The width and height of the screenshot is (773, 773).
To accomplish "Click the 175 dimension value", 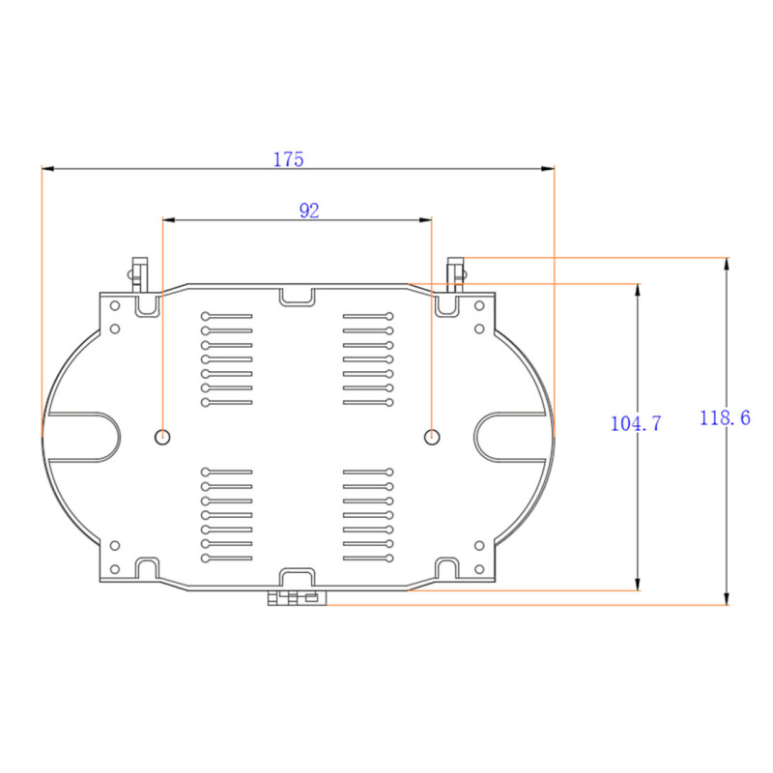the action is pos(288,159).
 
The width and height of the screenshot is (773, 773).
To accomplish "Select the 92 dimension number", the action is pos(309,211).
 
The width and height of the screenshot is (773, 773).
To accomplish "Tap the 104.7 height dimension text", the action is pos(636,423).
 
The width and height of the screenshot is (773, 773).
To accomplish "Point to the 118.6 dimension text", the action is pos(725,418).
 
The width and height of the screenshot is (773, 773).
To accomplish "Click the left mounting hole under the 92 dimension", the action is pos(162,437).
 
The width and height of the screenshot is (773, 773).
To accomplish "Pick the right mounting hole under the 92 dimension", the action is pos(432,437).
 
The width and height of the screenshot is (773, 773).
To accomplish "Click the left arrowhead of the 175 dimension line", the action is pos(48,168).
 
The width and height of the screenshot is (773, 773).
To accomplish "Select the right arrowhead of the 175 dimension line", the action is pos(548,168).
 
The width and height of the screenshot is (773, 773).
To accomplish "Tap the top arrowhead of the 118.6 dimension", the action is pos(726,264).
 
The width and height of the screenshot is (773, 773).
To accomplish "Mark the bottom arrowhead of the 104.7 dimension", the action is pos(638,584).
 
